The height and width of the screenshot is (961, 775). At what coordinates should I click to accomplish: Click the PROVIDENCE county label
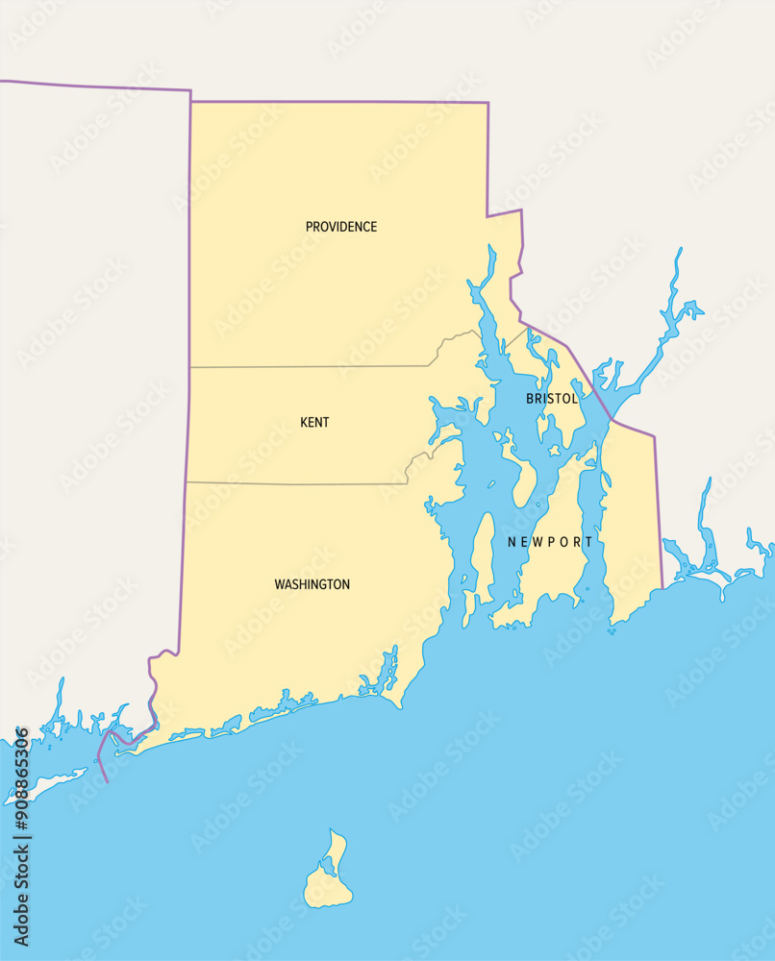(340, 227)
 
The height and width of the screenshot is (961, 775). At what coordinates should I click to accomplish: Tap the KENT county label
(314, 423)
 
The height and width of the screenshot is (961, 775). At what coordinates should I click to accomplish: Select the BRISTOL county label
(552, 398)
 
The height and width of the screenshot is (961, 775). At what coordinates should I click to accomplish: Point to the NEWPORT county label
(550, 542)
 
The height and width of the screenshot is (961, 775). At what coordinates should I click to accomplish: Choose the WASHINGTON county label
(312, 584)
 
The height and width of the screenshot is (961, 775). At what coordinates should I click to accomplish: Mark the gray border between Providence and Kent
(308, 366)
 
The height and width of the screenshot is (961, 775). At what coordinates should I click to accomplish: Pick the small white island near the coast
(43, 785)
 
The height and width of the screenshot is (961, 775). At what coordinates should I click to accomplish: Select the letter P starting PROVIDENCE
(310, 227)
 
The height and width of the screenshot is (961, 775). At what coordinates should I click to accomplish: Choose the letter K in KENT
(304, 423)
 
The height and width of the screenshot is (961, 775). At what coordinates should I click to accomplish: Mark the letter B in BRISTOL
(530, 398)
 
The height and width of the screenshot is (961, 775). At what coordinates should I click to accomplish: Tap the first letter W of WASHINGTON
(280, 584)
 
